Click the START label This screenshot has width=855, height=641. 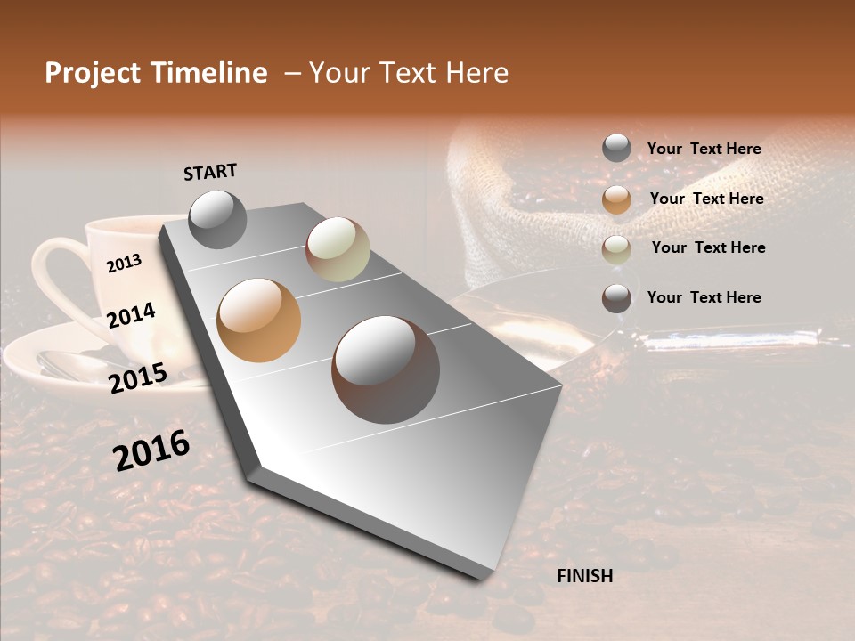[x=210, y=172]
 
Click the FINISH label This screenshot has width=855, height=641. [x=584, y=576]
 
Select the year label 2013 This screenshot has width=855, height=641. [x=124, y=263]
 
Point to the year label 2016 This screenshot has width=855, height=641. [x=151, y=450]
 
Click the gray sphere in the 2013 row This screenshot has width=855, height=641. [x=218, y=219]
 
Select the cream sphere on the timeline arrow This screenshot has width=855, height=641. [x=338, y=249]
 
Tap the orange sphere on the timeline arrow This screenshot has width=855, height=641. [x=259, y=320]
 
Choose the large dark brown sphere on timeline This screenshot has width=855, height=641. [x=386, y=369]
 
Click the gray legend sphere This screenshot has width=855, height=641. [x=616, y=149]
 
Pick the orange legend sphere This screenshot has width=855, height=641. [x=616, y=199]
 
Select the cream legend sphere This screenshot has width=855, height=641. [x=616, y=249]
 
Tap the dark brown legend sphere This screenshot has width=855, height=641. [x=616, y=298]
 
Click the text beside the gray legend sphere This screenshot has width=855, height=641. [x=704, y=150]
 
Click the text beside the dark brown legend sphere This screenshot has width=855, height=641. [x=704, y=297]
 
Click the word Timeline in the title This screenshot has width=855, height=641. [x=209, y=73]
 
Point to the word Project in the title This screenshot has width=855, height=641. [x=94, y=73]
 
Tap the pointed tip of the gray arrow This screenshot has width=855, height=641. [x=485, y=577]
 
